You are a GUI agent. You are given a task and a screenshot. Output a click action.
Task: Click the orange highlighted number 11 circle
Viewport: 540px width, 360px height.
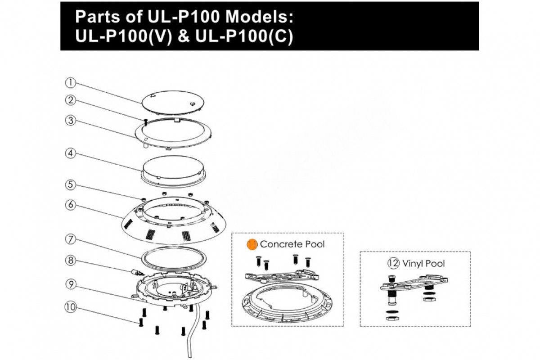click(x=252, y=244)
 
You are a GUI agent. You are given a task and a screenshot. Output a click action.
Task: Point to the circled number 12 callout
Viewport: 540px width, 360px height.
click(x=394, y=263)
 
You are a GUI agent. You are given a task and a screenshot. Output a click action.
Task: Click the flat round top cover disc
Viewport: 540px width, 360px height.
click(x=170, y=101)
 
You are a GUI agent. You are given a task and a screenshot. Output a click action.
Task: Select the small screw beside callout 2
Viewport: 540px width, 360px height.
click(x=146, y=120)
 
